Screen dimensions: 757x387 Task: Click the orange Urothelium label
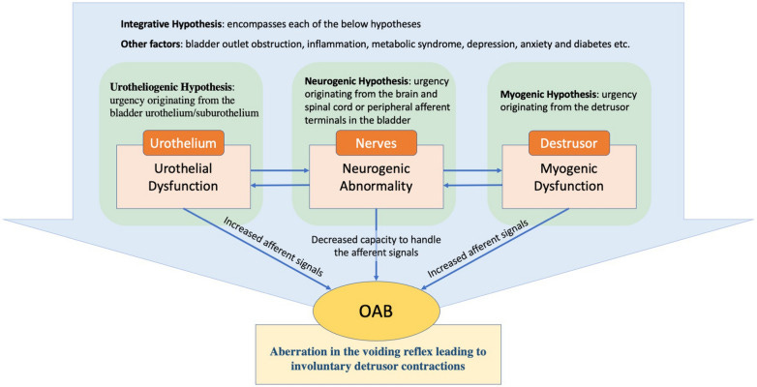tap(184, 143)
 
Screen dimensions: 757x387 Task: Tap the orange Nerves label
tap(377, 143)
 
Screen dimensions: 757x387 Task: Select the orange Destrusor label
tap(568, 143)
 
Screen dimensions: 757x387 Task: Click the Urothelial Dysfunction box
tap(184, 177)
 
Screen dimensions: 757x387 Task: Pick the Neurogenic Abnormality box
tap(377, 177)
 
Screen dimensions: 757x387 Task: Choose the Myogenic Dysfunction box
tap(568, 177)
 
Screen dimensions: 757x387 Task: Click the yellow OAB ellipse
tap(377, 312)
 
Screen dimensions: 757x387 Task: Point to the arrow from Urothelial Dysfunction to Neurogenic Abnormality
tap(280, 170)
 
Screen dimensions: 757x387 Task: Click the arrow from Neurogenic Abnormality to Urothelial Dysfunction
tap(280, 186)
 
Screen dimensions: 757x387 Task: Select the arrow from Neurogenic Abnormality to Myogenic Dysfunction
tap(472, 170)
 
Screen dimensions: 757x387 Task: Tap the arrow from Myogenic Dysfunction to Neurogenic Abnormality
tap(472, 186)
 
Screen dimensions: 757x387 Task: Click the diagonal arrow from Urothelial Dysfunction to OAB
tap(257, 249)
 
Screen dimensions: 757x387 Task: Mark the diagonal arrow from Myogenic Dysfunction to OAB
tap(495, 249)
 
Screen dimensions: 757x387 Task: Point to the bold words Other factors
tap(149, 44)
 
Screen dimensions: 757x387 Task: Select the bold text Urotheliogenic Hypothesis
tap(171, 88)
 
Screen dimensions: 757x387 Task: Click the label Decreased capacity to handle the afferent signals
tap(377, 246)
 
